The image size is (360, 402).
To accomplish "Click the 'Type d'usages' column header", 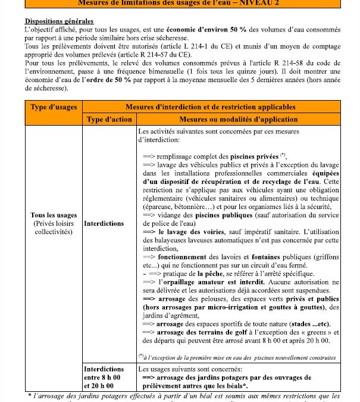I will [x=54, y=107].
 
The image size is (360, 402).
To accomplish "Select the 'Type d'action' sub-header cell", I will [x=109, y=119].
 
